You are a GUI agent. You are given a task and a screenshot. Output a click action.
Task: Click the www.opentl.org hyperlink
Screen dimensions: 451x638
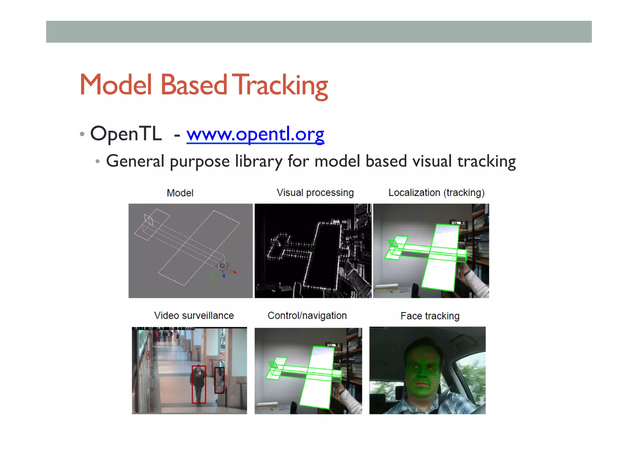point(255,134)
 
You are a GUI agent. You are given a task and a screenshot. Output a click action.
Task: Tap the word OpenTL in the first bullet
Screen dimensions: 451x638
point(126,134)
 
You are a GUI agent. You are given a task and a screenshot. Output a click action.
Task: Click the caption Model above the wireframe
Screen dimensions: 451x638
point(180,193)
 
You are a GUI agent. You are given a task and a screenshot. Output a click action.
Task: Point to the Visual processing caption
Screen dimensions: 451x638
point(315,193)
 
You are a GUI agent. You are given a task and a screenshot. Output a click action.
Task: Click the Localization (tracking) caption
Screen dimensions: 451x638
point(436,193)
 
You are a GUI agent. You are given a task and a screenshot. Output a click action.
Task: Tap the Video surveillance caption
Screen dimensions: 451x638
point(194,315)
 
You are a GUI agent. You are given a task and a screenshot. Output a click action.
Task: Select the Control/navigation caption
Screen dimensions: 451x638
point(307,315)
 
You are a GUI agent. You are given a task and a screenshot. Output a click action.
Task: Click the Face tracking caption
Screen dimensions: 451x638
point(430,316)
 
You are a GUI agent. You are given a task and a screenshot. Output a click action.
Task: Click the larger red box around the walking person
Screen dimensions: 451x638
point(198,384)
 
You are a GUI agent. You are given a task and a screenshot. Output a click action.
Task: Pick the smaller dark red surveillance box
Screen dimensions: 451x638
point(219,380)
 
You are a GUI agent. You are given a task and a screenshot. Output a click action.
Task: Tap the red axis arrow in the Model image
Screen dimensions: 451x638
point(235,272)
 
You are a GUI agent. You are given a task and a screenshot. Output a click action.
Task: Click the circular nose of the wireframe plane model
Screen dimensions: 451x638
point(222,266)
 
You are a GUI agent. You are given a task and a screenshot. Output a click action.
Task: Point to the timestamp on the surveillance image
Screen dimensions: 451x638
point(164,329)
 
